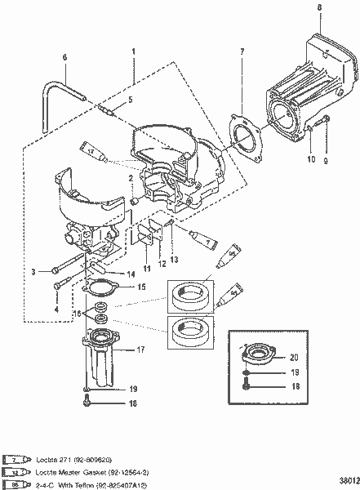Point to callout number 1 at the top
134,51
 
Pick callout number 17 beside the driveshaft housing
140,350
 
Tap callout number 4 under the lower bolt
56,310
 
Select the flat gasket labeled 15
102,287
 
